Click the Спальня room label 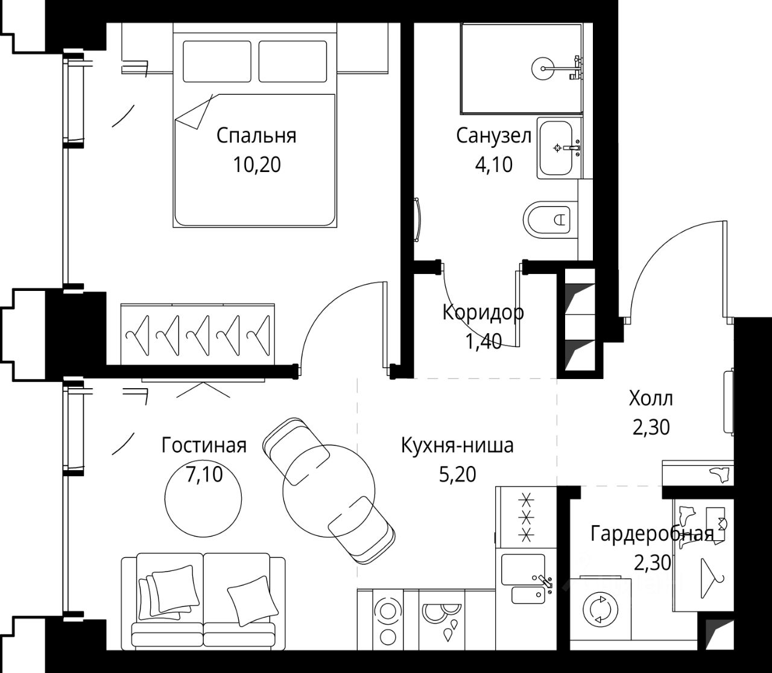click(x=256, y=136)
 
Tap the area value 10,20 click(x=257, y=165)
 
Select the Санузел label click(x=493, y=136)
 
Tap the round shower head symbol click(x=543, y=69)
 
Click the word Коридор click(x=483, y=313)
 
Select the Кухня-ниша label click(x=457, y=445)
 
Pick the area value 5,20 click(x=457, y=474)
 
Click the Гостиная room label click(x=204, y=445)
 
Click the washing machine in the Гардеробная click(x=600, y=609)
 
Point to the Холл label click(x=651, y=398)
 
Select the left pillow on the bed click(x=217, y=61)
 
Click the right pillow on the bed click(x=293, y=61)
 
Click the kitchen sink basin click(x=523, y=569)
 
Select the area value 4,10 click(x=493, y=165)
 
